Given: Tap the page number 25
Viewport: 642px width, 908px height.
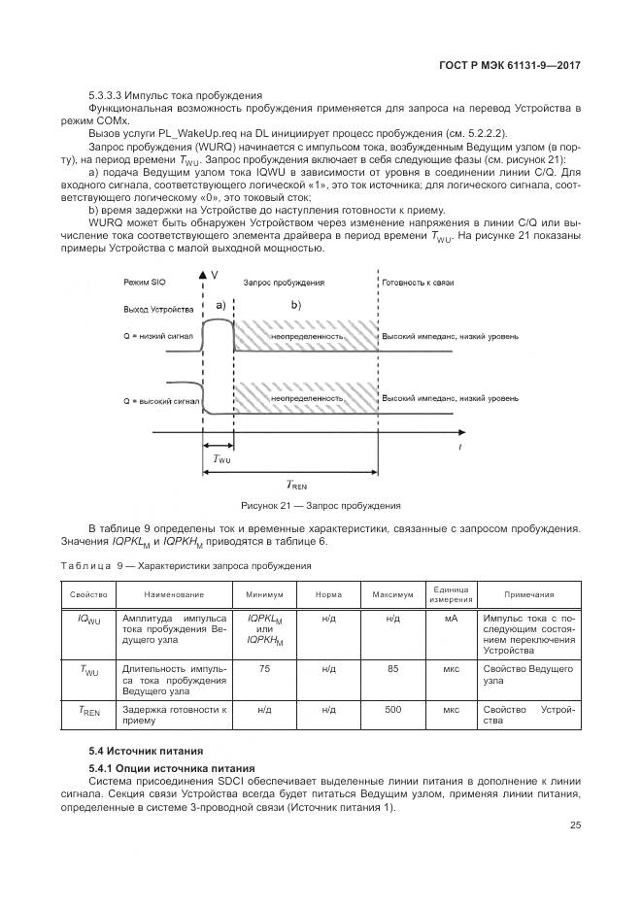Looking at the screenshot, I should (x=575, y=825).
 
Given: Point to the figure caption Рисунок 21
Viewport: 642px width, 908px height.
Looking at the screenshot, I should (x=321, y=506).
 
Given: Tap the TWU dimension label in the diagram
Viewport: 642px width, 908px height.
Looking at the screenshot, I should (x=222, y=458).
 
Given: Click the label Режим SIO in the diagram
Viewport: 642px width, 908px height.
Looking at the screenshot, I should (x=146, y=281).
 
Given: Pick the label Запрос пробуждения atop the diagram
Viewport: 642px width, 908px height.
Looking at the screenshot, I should (x=284, y=281).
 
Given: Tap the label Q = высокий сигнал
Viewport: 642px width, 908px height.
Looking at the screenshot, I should (x=161, y=399).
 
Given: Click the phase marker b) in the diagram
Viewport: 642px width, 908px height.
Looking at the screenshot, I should (x=297, y=306).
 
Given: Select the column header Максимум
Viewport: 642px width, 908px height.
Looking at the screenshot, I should (x=392, y=594).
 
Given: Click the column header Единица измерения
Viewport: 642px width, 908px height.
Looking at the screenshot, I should (x=451, y=594).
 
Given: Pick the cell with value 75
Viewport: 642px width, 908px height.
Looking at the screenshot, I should (x=264, y=668).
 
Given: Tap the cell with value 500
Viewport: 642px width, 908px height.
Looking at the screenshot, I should (x=392, y=710).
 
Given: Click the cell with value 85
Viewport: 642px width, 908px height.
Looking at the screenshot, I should (x=392, y=668).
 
